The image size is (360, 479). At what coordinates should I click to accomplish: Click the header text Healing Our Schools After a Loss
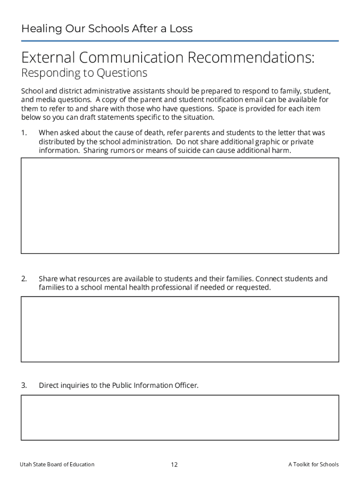pos(107,29)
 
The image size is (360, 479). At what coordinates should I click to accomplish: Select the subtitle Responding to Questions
pos(84,73)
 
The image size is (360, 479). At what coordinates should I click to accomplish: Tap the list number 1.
pos(24,133)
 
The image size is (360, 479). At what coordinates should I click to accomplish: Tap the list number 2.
pos(24,279)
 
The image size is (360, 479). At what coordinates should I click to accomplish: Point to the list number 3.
pos(24,385)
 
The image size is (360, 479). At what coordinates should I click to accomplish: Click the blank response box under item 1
pos(180,205)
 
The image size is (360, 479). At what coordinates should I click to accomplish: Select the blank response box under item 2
pos(180,329)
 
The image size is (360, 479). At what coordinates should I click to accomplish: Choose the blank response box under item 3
pos(180,417)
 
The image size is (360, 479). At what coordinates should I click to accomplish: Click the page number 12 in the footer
pos(174,464)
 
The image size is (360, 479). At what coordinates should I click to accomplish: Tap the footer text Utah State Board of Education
pos(57,464)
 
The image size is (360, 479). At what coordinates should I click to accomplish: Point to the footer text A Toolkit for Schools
pos(313,464)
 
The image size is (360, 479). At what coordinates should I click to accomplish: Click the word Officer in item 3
pos(186,385)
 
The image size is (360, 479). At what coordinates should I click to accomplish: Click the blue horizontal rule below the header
pos(180,41)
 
